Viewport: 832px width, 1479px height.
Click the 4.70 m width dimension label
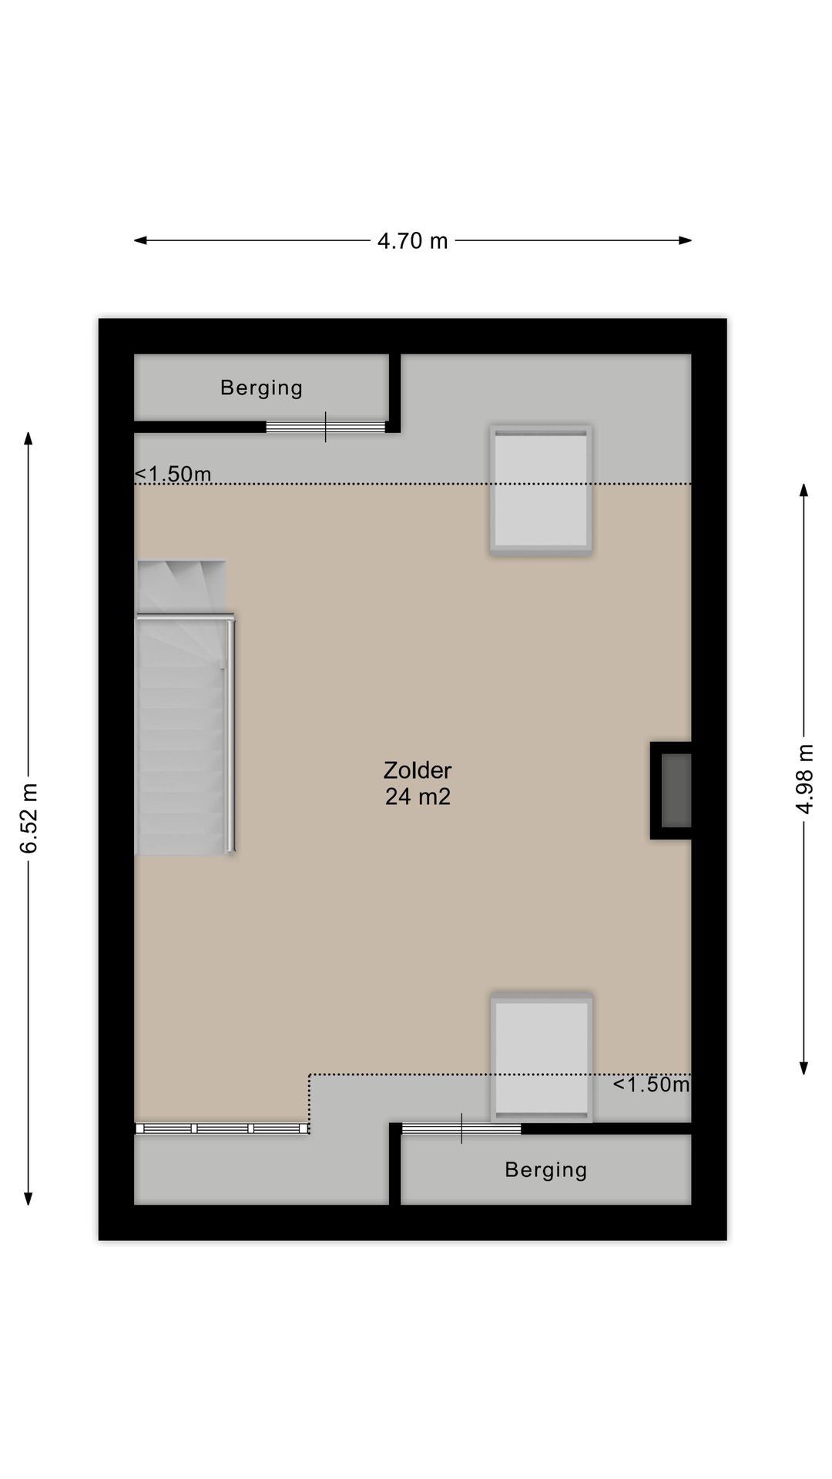pyautogui.click(x=412, y=241)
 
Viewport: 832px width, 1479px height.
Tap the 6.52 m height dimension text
pyautogui.click(x=29, y=818)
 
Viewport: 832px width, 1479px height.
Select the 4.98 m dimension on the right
pyautogui.click(x=804, y=778)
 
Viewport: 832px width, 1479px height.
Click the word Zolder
pyautogui.click(x=418, y=770)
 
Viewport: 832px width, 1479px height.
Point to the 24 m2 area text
pyautogui.click(x=418, y=797)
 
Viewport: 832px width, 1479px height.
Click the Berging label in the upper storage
pyautogui.click(x=261, y=387)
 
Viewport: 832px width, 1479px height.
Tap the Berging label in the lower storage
pyautogui.click(x=545, y=1170)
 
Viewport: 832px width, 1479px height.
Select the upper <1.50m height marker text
pyautogui.click(x=173, y=474)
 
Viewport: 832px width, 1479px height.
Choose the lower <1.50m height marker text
pyautogui.click(x=651, y=1085)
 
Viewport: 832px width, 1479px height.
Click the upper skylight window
pyautogui.click(x=541, y=489)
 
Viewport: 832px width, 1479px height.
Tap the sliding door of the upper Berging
pyautogui.click(x=325, y=427)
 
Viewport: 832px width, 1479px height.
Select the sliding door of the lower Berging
pyautogui.click(x=461, y=1129)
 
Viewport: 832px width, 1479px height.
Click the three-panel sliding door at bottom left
pyautogui.click(x=222, y=1129)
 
